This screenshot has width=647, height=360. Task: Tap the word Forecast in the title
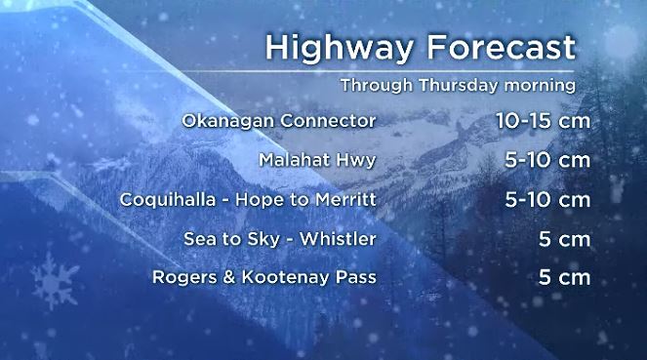[x=495, y=49]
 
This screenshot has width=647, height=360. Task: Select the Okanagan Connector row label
[x=279, y=122]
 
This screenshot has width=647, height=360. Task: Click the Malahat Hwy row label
[x=317, y=160]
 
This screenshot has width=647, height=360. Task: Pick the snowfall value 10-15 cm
[x=542, y=122]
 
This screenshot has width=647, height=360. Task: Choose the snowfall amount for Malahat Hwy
[x=548, y=160]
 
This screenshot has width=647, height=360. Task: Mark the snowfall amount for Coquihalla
[x=548, y=200]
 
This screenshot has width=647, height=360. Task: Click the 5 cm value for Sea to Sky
[x=564, y=239]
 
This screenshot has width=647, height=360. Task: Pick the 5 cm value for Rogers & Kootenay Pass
[x=564, y=278]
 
